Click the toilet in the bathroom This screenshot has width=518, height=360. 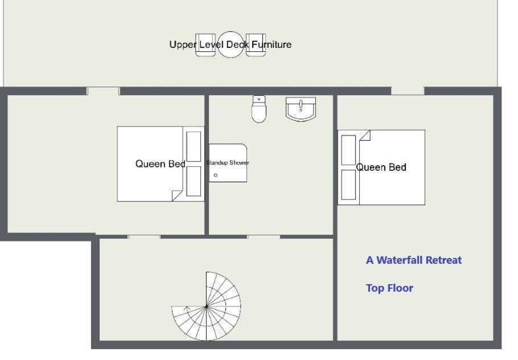point(259,109)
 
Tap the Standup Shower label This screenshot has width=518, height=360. point(228,163)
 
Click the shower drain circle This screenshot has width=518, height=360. point(216,175)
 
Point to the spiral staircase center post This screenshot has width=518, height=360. point(207,307)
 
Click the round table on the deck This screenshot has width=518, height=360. point(231,44)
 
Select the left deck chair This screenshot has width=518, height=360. point(205,44)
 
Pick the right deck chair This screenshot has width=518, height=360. point(256,44)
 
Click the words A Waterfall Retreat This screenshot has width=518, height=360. point(414,260)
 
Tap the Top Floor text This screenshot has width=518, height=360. point(389,288)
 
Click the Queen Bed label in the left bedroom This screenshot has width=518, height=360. point(160,163)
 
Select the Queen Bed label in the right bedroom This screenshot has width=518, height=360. point(381,167)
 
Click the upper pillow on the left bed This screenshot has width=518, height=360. point(194,146)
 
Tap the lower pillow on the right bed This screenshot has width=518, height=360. point(348,185)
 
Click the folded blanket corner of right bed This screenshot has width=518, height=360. point(365,135)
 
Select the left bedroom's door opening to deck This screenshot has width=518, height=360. point(103,91)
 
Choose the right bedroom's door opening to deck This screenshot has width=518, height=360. point(408,91)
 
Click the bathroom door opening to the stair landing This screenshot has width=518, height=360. point(264,237)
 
